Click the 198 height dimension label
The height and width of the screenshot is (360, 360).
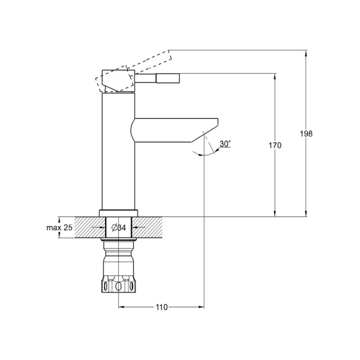tap(306, 133)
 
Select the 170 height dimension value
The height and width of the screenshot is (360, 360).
tap(275, 145)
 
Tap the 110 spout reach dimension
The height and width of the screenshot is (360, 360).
tap(161, 307)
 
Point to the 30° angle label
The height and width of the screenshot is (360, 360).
tap(225, 144)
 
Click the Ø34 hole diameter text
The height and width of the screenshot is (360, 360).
tap(119, 228)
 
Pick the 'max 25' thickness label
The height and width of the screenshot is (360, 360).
tap(59, 227)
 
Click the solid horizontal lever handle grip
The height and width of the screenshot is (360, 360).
tap(168, 78)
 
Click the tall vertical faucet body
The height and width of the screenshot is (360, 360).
tap(118, 151)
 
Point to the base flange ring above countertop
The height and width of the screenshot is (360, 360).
tap(118, 213)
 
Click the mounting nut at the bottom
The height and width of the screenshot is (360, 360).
tap(118, 284)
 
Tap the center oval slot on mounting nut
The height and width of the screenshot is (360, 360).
tap(118, 286)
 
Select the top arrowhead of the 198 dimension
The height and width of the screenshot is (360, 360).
tap(305, 53)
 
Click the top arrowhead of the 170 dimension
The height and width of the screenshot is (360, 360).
tap(275, 76)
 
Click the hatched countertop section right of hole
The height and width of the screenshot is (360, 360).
tap(147, 227)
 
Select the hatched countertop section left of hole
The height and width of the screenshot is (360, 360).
tap(90, 227)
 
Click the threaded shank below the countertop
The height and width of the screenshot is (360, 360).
tap(118, 257)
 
